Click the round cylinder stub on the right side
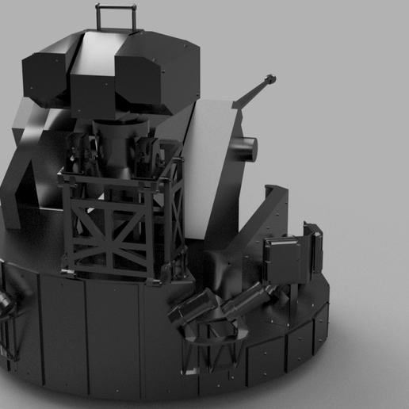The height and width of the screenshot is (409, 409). coord(246,147)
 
